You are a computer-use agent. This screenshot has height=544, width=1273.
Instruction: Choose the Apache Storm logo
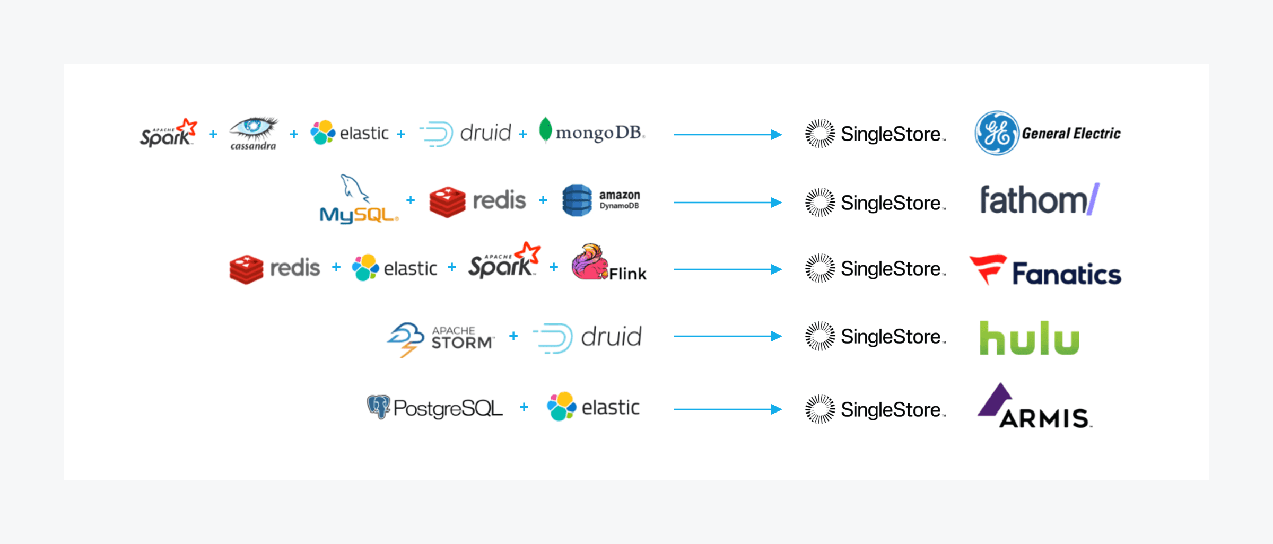tap(440, 338)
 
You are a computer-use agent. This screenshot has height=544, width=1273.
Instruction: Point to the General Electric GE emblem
tap(997, 133)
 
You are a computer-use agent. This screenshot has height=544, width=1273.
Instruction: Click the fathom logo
tap(1039, 200)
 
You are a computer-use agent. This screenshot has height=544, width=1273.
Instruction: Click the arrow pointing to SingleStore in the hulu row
tap(727, 336)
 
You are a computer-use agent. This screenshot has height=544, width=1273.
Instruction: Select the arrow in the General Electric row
tap(727, 135)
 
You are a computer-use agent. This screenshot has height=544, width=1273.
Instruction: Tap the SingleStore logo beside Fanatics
tap(875, 269)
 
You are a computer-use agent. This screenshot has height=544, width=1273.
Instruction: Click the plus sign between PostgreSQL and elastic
tap(524, 407)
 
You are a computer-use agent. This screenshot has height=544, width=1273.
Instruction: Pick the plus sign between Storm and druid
tap(513, 336)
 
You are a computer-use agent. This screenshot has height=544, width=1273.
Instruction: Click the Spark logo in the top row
tap(168, 133)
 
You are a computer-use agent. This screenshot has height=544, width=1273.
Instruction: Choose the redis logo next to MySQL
tap(477, 201)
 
